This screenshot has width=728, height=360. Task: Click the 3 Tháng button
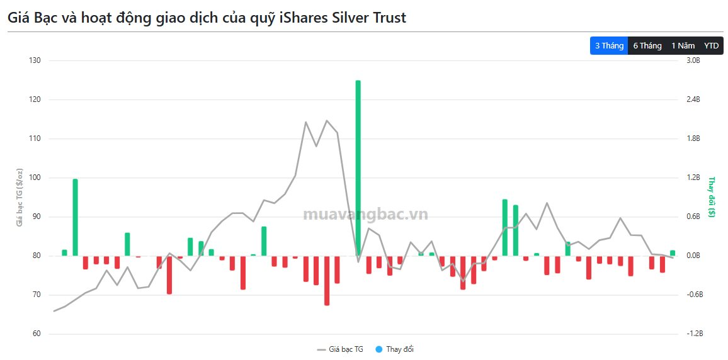click(608, 46)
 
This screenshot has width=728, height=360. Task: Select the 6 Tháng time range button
click(647, 46)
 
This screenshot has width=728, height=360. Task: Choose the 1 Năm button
click(683, 46)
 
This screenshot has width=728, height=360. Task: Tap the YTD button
click(711, 46)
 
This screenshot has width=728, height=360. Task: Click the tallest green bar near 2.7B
click(358, 167)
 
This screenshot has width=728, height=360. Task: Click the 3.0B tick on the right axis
click(693, 60)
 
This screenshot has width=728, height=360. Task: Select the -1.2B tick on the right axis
click(694, 334)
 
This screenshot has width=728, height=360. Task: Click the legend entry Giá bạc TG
click(340, 349)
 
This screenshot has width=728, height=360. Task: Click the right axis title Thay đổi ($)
click(712, 197)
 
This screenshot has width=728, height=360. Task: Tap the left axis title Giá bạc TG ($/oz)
click(20, 197)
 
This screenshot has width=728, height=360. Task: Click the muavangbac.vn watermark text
click(365, 215)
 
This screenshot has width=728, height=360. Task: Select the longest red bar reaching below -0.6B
click(327, 280)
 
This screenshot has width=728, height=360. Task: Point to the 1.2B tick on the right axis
click(693, 177)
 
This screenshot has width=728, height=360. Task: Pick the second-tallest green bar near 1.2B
click(75, 217)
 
